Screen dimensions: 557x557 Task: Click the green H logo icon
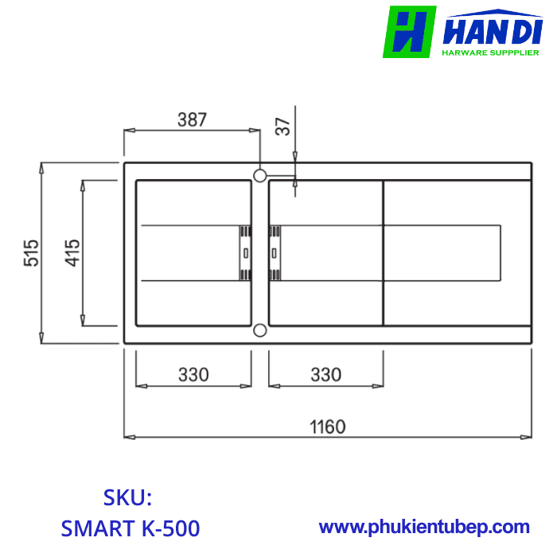pos(409,32)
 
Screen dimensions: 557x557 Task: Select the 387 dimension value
pos(192,120)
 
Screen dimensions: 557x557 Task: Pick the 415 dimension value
pos(72,253)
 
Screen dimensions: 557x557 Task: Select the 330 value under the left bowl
pos(193,373)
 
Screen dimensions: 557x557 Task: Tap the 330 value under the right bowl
pos(325,373)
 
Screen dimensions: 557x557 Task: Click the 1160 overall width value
pos(327,427)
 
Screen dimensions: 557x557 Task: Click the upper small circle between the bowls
pos(259,174)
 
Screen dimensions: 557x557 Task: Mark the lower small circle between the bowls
pos(259,330)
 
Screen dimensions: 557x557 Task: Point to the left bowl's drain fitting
pos(245,253)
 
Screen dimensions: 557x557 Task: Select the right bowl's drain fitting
pos(275,253)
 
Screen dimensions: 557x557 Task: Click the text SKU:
pos(127,498)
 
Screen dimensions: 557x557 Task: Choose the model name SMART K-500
pos(130,528)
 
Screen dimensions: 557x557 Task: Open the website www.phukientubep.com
pos(424,527)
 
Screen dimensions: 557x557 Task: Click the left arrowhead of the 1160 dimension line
pos(127,437)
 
